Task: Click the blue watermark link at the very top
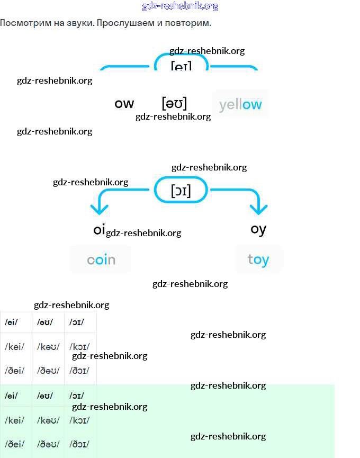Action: click(x=180, y=6)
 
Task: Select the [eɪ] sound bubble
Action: click(x=181, y=66)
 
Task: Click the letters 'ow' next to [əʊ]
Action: click(x=124, y=104)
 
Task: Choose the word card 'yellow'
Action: click(x=240, y=104)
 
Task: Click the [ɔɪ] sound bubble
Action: click(x=181, y=190)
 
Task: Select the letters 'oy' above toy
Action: click(x=258, y=229)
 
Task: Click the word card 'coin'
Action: click(x=101, y=260)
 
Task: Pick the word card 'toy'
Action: click(x=258, y=260)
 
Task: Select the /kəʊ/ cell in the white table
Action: click(x=48, y=347)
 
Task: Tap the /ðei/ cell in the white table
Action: click(x=14, y=371)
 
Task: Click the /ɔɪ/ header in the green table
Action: click(x=76, y=396)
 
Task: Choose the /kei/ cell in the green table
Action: click(x=14, y=420)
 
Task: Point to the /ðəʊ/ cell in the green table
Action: click(x=48, y=444)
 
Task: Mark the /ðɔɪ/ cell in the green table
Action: click(x=79, y=444)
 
